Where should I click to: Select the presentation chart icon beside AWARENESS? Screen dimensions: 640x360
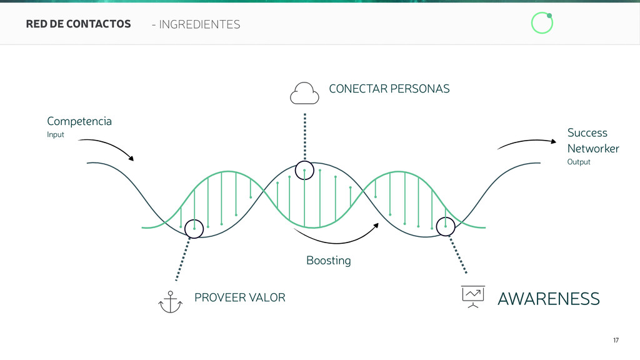[x=473, y=296]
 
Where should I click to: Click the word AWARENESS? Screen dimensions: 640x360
[x=548, y=299]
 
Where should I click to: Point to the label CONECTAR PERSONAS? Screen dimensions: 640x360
[x=389, y=89]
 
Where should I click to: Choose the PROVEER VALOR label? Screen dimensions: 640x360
[x=239, y=297]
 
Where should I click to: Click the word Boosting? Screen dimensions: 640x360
[x=328, y=260]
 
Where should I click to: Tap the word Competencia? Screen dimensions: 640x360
[x=79, y=121]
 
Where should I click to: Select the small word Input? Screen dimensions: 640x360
[x=56, y=135]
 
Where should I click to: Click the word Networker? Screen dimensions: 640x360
[x=592, y=149]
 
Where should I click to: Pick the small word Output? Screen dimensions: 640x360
[x=578, y=162]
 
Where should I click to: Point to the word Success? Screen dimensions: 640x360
[x=587, y=132]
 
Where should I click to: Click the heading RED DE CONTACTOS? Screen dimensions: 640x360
[x=78, y=24]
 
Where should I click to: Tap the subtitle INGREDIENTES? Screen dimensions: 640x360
[x=199, y=24]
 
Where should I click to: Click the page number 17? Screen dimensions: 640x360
[x=616, y=340]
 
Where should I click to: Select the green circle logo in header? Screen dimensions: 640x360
[x=542, y=23]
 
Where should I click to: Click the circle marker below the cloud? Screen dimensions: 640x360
[x=304, y=170]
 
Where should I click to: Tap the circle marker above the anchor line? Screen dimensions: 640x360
[x=194, y=229]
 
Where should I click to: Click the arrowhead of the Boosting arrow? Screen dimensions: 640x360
[x=377, y=224]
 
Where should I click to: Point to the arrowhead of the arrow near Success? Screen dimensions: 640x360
[x=552, y=141]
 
